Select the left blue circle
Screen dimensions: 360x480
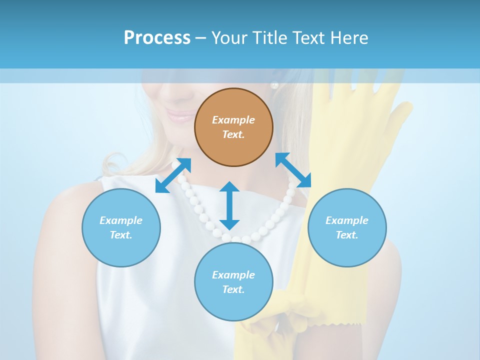(x=121, y=227)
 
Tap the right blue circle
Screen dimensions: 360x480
(x=347, y=227)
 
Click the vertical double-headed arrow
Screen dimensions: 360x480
(x=229, y=205)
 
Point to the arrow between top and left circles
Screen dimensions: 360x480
(x=173, y=175)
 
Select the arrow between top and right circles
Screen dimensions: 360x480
(x=293, y=170)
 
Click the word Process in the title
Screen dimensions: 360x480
(x=157, y=37)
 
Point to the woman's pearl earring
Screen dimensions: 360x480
(x=274, y=85)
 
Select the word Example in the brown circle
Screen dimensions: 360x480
(x=233, y=120)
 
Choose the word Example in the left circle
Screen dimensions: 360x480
(x=121, y=220)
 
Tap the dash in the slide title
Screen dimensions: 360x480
(x=201, y=38)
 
